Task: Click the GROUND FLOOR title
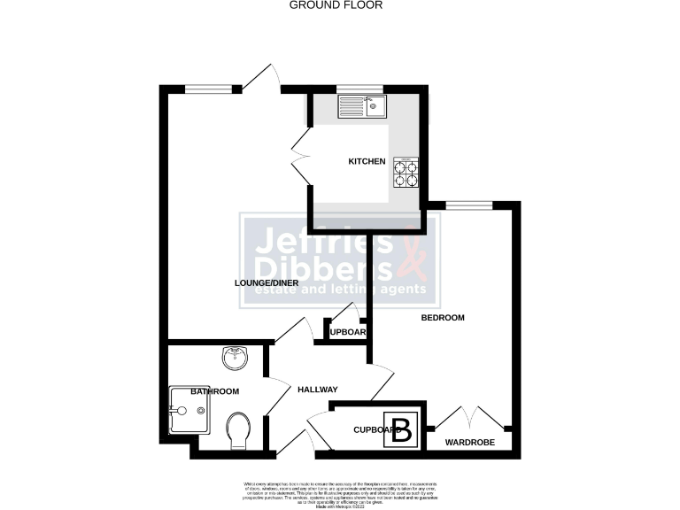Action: click(x=324, y=4)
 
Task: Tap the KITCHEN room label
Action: click(x=367, y=161)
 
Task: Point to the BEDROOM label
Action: click(x=442, y=317)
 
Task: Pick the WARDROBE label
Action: click(x=469, y=442)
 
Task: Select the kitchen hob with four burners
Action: click(x=406, y=172)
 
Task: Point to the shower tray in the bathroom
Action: click(x=187, y=410)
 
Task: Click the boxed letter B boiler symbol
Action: click(x=401, y=429)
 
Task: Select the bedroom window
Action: click(x=468, y=205)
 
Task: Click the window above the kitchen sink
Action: click(x=359, y=89)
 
